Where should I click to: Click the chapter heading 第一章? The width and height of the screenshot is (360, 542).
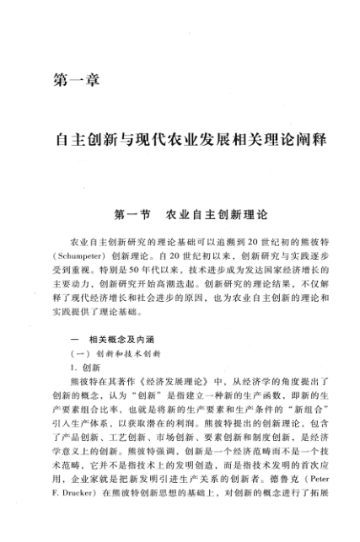click(x=76, y=82)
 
